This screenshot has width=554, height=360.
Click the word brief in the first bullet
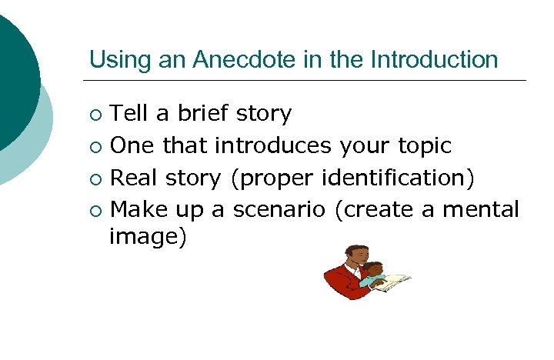click(x=203, y=114)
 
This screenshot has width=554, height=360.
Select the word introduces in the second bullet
click(x=273, y=146)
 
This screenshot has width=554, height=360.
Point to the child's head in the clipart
click(x=374, y=270)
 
